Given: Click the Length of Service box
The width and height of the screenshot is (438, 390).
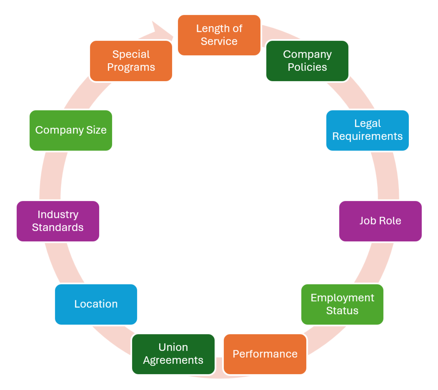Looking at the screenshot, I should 219,35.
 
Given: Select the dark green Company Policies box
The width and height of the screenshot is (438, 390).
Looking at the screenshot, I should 307,61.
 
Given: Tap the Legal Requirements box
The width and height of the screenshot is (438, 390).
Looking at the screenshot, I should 367,130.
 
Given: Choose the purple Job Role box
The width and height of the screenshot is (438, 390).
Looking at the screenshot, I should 380,221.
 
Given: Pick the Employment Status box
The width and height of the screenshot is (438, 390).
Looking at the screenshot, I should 342,304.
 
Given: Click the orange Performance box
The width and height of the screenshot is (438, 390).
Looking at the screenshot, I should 265,354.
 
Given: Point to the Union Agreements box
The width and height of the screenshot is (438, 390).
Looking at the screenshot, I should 173,354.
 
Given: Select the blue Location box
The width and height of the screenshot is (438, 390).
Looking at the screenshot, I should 96,304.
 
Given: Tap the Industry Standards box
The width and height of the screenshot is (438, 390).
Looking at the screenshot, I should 58,221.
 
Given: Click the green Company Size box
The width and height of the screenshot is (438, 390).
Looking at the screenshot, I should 71,130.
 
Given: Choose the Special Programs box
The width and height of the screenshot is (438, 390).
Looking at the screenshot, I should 131,61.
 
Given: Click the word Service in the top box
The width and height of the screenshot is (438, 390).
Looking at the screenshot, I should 219,42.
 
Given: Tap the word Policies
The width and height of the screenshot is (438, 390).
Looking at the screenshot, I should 307,67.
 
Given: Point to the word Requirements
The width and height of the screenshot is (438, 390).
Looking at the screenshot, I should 367,137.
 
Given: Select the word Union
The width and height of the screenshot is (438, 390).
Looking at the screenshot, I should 173,347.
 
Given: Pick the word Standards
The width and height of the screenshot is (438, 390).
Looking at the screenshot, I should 58,228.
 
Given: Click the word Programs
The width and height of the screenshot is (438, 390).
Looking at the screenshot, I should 131,67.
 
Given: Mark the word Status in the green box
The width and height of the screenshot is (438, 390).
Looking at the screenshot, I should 342,311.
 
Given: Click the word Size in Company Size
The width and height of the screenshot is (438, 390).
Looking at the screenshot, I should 97,130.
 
